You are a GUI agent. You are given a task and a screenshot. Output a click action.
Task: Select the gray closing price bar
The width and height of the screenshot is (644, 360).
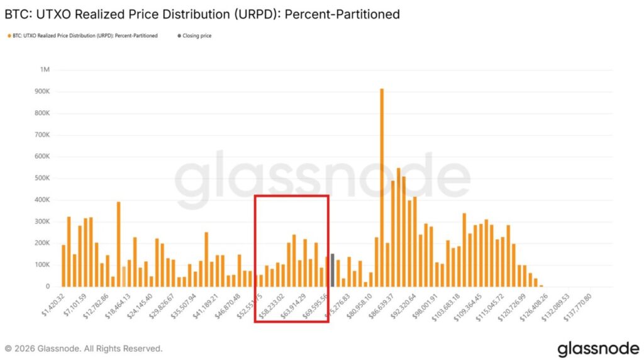tap(332, 270)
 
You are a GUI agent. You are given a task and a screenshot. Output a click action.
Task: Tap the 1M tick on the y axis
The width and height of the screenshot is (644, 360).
tap(45, 70)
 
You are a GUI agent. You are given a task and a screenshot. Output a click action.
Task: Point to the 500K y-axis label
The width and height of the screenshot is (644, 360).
tap(42, 178)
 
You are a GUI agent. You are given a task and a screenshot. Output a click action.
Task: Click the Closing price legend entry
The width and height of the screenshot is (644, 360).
tap(197, 36)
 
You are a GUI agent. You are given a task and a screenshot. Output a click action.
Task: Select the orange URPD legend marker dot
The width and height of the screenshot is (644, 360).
tap(8, 36)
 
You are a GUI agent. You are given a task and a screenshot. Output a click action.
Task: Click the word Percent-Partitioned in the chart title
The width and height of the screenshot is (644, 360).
tap(342, 13)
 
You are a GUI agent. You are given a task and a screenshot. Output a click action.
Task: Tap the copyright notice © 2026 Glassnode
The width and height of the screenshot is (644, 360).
tap(83, 348)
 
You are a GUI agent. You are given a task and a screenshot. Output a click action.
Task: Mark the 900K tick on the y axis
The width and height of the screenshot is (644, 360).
tap(42, 91)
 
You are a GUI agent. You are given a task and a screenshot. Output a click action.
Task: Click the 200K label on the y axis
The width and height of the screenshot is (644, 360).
tap(42, 243)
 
